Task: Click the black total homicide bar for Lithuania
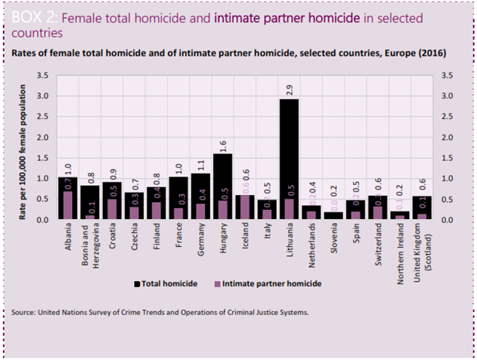point(289,147)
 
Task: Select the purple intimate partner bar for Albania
point(69,206)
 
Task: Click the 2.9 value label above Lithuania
point(289,90)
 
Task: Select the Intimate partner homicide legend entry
point(266,283)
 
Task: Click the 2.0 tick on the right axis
point(446,137)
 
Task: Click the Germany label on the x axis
point(201,242)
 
